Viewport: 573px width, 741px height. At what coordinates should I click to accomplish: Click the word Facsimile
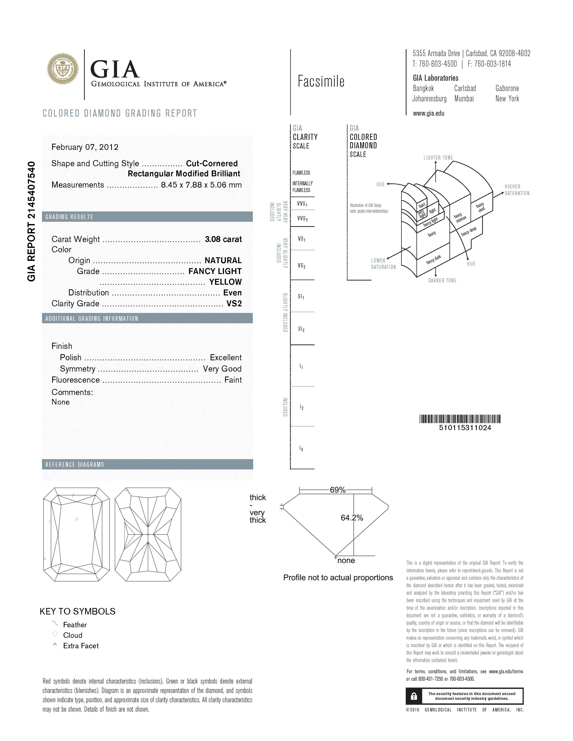321,81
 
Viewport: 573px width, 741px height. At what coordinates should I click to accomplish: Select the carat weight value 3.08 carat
223,239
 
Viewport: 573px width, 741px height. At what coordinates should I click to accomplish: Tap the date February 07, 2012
85,147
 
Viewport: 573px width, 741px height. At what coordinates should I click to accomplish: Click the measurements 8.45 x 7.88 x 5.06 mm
201,185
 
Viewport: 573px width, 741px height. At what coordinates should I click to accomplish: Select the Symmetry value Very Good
222,369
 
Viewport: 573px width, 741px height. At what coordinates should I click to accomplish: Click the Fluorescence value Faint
233,380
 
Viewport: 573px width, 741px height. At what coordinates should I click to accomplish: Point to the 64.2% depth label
352,518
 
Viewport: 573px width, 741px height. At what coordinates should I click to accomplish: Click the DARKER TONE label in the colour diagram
442,281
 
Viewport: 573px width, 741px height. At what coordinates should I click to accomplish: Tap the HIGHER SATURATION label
517,190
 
